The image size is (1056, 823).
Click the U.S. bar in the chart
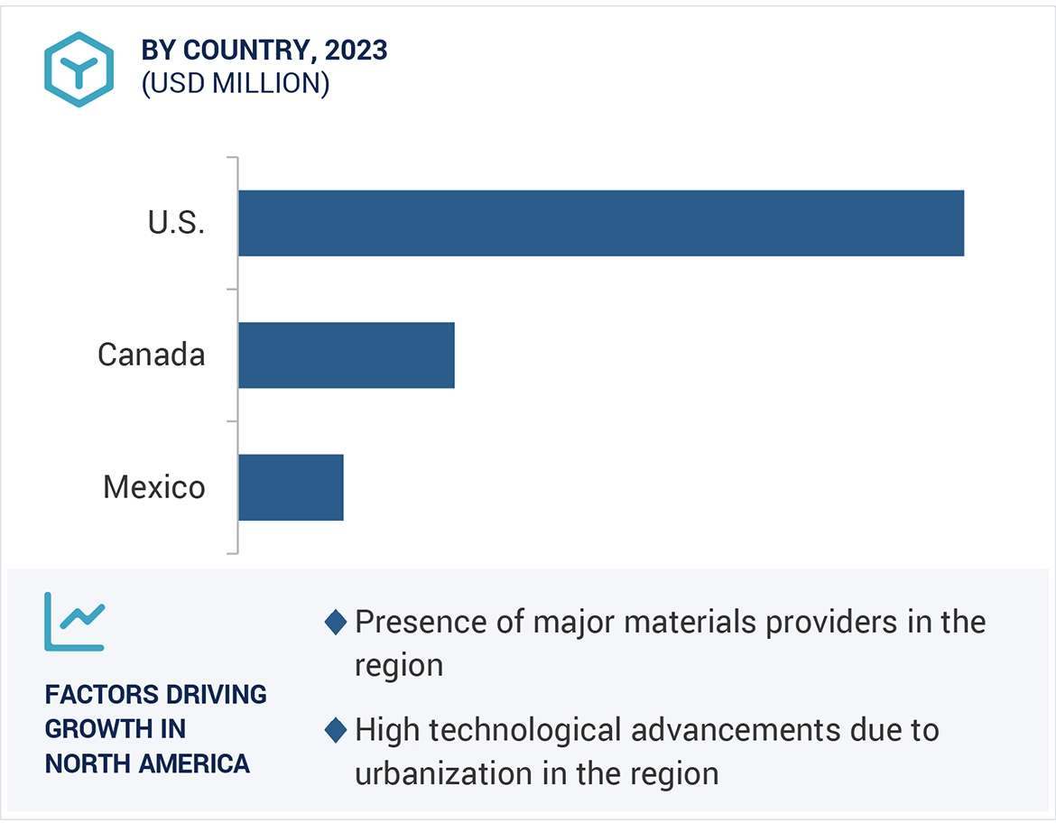(x=601, y=223)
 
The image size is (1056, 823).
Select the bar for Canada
(x=347, y=355)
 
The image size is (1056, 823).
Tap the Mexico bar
(x=291, y=487)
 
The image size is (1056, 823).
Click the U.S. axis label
(x=177, y=223)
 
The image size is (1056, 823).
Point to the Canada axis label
(x=152, y=355)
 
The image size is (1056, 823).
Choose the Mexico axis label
(x=154, y=487)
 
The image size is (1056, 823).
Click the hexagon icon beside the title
(x=79, y=69)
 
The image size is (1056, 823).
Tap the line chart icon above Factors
(x=75, y=622)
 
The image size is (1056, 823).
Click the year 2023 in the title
(x=358, y=51)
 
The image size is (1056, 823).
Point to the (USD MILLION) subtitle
(x=236, y=83)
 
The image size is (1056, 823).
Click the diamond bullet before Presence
(x=335, y=622)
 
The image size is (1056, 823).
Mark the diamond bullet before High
(x=335, y=730)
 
